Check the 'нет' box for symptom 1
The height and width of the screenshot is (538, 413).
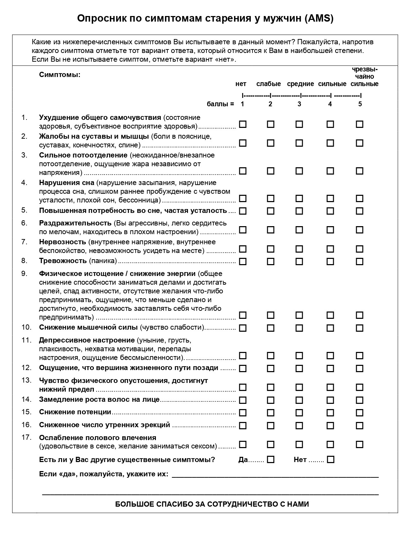(x=243, y=124)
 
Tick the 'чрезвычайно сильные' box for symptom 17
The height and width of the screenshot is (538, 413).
(x=360, y=445)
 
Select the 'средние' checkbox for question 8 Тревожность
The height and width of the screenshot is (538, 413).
(x=299, y=261)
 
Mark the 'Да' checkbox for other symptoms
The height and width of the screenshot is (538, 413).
(x=271, y=460)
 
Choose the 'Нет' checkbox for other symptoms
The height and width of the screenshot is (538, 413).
(x=331, y=460)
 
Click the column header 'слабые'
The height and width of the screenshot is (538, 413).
(x=269, y=84)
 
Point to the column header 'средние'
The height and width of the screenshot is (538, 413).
(x=300, y=84)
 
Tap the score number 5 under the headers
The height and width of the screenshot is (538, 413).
(x=360, y=104)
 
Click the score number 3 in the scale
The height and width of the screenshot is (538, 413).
(x=299, y=104)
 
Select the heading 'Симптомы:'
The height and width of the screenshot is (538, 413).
(x=60, y=75)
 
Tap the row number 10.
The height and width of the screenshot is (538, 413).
(x=27, y=327)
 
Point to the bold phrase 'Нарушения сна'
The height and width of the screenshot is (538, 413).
(x=67, y=183)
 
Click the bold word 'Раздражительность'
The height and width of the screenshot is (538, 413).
(x=75, y=223)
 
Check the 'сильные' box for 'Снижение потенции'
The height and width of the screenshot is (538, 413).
(x=330, y=413)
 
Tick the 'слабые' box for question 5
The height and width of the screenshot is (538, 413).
(x=271, y=211)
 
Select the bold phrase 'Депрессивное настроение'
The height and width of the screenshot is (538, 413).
(x=87, y=340)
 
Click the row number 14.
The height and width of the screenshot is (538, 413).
(x=27, y=399)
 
